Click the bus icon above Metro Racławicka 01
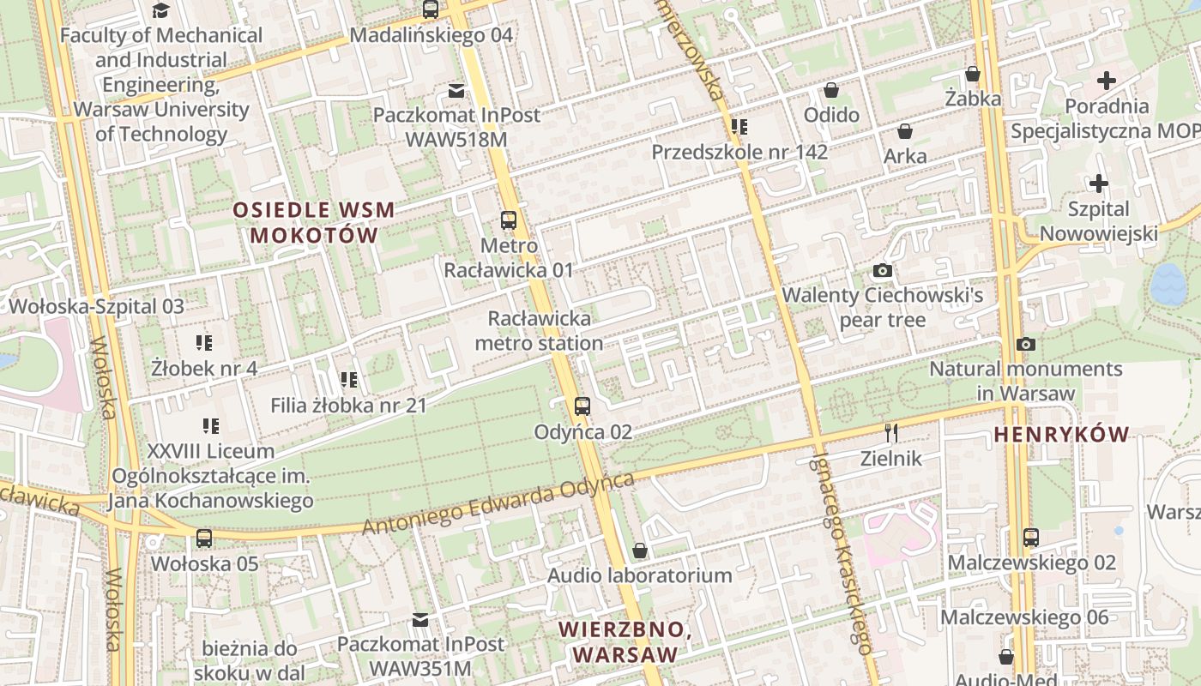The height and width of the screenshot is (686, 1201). (509, 220)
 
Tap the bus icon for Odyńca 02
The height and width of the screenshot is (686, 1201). (582, 406)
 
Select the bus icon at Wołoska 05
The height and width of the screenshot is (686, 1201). (203, 539)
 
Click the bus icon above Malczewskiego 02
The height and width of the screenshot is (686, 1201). (1031, 538)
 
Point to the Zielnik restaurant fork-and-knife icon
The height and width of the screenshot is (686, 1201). (891, 432)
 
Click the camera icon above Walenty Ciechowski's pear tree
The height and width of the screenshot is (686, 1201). (882, 271)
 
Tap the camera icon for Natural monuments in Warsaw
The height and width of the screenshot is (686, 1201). (1025, 344)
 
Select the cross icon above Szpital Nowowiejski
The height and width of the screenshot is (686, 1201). (1098, 184)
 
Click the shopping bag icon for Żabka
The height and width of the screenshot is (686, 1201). (973, 74)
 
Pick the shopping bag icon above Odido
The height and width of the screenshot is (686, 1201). (831, 90)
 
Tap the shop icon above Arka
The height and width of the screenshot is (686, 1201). (904, 131)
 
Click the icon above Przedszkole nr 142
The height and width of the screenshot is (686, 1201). (739, 127)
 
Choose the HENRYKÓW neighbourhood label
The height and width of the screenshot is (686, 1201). (1061, 435)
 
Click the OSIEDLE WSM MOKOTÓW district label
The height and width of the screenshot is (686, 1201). (314, 222)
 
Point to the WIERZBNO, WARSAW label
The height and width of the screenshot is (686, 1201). (625, 641)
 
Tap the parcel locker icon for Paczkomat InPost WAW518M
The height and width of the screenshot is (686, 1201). (456, 90)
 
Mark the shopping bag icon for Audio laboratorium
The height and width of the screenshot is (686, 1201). (639, 551)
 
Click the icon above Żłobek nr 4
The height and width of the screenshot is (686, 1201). (204, 343)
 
